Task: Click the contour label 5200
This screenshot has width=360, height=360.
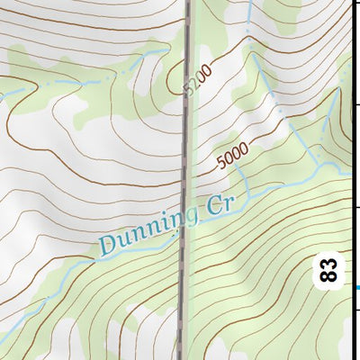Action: click(197, 79)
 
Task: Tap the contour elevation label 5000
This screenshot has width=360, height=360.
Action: click(232, 157)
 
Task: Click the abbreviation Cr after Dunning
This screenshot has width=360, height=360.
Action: click(220, 204)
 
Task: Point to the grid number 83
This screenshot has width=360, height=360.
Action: click(329, 270)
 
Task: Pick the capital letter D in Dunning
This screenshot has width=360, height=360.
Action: click(110, 243)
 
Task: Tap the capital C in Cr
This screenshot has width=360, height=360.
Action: click(213, 207)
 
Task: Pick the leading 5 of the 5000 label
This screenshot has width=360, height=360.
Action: click(220, 166)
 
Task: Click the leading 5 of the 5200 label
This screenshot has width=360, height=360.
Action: click(188, 91)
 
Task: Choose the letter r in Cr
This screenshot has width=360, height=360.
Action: click(227, 202)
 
